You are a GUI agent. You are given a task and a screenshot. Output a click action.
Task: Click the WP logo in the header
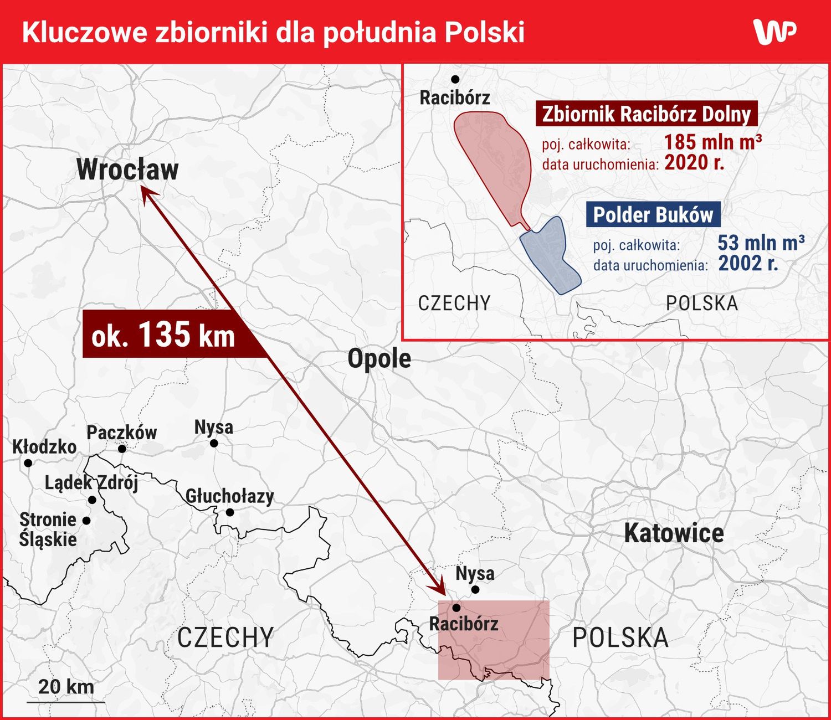pyautogui.click(x=774, y=32)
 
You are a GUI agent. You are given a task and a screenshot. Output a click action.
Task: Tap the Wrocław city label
pyautogui.click(x=127, y=169)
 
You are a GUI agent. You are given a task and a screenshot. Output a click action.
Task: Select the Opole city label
pyautogui.click(x=379, y=358)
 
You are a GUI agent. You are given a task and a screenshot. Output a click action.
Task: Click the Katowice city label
pyautogui.click(x=674, y=533)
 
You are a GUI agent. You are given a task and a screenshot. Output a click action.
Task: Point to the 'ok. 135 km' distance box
pyautogui.click(x=163, y=334)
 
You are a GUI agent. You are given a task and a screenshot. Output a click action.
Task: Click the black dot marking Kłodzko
pyautogui.click(x=28, y=462)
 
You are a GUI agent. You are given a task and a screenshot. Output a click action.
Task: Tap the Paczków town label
pyautogui.click(x=121, y=432)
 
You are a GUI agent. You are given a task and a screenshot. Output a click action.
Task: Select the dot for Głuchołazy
pyautogui.click(x=230, y=512)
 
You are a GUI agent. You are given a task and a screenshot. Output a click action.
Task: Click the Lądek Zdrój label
pyautogui.click(x=91, y=482)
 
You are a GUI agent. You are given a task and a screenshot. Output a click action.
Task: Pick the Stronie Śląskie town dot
pyautogui.click(x=86, y=521)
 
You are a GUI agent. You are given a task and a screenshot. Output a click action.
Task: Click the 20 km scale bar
pyautogui.click(x=65, y=701)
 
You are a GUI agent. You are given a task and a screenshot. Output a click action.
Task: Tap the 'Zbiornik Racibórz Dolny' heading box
pyautogui.click(x=646, y=114)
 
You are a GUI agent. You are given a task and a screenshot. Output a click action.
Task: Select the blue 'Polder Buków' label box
pyautogui.click(x=653, y=215)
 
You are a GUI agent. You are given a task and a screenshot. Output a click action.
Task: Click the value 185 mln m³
pyautogui.click(x=712, y=142)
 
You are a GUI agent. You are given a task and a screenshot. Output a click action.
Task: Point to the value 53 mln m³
pyautogui.click(x=761, y=243)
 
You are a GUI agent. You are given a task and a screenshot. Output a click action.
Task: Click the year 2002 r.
pyautogui.click(x=748, y=263)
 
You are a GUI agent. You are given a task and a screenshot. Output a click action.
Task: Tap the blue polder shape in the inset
pyautogui.click(x=548, y=255)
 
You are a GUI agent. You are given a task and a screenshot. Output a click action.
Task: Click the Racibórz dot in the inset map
pyautogui.click(x=455, y=79)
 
